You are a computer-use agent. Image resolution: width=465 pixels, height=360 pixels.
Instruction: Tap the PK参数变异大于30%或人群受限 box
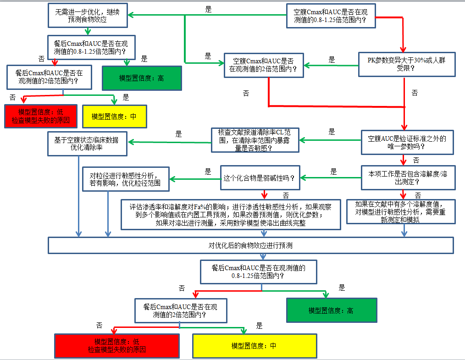(x=406, y=64)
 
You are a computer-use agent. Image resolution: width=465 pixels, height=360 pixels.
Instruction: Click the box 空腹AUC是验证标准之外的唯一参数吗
(x=407, y=142)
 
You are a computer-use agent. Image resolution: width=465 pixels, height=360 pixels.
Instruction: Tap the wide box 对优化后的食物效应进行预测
(x=250, y=245)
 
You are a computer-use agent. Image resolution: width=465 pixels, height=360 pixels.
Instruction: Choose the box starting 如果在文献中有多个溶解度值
(x=400, y=211)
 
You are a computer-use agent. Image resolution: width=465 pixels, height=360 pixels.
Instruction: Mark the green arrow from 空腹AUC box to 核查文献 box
(x=331, y=139)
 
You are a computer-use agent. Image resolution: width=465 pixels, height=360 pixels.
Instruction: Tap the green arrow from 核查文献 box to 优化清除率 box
(x=170, y=141)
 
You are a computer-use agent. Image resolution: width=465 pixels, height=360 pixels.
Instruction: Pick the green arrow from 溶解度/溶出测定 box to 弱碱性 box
(x=330, y=177)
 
